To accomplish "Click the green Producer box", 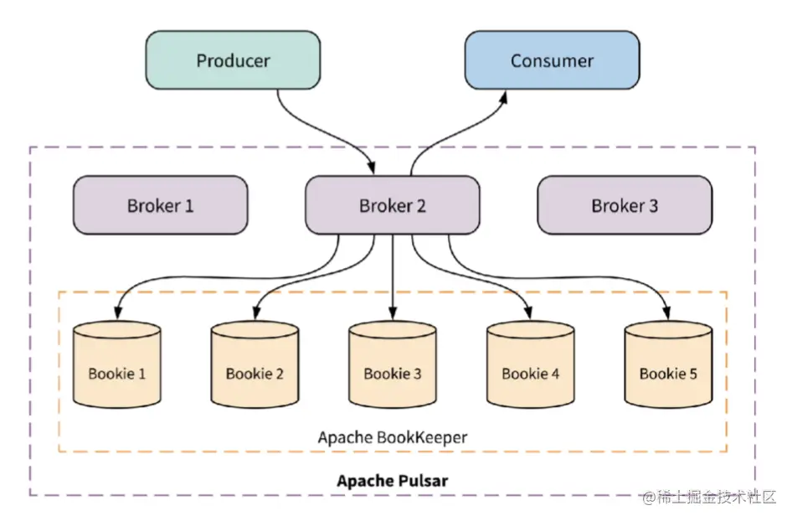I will [233, 60].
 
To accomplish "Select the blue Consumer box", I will [552, 60].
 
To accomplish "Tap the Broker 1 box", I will [160, 205].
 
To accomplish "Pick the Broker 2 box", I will [392, 205].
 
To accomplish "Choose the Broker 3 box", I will [625, 205].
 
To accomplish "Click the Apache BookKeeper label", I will [393, 437].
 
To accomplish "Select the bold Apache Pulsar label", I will [393, 481].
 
